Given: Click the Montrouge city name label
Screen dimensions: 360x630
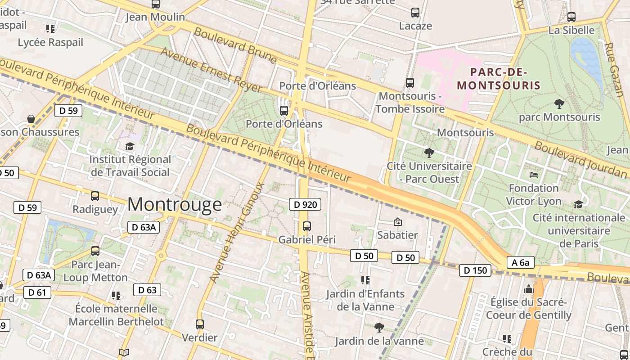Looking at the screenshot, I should point(175,204).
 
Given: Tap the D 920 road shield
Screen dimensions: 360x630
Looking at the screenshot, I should point(305,205).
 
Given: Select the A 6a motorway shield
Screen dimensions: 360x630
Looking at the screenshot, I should point(520,262).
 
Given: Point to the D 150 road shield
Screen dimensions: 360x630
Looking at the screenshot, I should point(475,270).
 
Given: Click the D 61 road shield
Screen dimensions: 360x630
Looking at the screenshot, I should point(37,292).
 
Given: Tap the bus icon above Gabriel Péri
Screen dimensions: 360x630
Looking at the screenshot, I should point(307,226).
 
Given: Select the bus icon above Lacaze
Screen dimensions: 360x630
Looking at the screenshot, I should point(415,13).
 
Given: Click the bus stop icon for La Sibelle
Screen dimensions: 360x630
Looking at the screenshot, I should point(571,17).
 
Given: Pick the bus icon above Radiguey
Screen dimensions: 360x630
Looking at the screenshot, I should point(95,196).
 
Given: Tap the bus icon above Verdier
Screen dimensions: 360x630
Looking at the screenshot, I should point(199,324).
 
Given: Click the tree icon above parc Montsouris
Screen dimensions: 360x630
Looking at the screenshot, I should point(559,104).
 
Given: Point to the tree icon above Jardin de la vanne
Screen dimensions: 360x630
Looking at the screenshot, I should point(379,327).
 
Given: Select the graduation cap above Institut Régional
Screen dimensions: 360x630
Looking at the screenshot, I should point(130,146).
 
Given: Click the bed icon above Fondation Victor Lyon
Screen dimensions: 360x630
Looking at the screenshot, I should point(534,175).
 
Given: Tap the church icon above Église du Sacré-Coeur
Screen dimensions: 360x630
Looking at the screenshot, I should point(528,288).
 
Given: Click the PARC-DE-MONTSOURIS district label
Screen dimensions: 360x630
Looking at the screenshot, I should point(498,78).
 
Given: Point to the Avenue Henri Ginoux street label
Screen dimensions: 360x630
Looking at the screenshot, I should point(236,232).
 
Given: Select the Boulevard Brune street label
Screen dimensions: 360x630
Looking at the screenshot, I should point(235,45).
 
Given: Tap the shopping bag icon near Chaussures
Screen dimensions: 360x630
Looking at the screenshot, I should point(31,119).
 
